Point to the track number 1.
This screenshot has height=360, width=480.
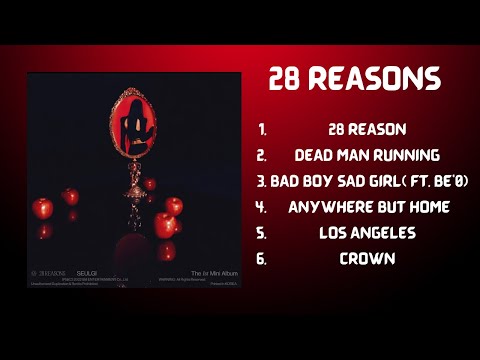(x=262, y=130)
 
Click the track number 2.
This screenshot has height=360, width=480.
(x=262, y=156)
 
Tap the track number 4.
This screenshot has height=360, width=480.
(x=262, y=207)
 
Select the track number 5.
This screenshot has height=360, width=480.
(x=262, y=233)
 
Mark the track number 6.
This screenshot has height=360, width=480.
(x=262, y=258)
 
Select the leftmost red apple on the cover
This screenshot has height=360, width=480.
(x=42, y=208)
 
